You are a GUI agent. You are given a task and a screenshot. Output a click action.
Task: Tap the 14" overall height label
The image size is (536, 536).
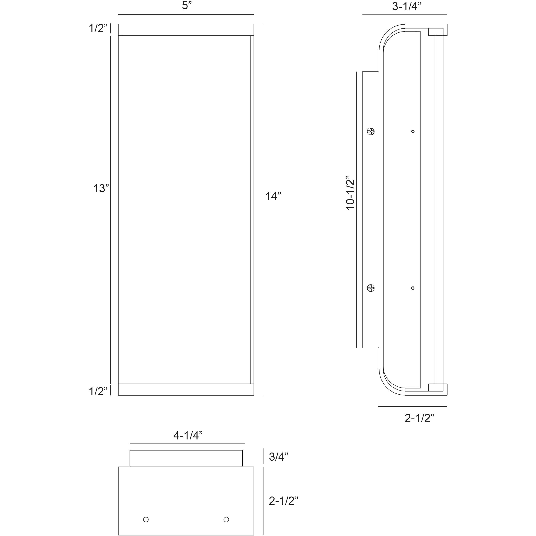click(x=273, y=196)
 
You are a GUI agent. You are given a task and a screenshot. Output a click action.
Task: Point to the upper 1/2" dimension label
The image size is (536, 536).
click(x=98, y=28)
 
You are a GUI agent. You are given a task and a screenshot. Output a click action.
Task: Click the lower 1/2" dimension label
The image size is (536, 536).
click(x=98, y=391)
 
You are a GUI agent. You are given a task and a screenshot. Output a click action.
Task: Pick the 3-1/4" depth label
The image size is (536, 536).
click(x=407, y=6)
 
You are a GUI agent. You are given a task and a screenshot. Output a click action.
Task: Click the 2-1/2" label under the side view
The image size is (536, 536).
click(x=419, y=418)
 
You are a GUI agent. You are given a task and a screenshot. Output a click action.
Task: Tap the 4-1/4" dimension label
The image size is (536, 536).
click(x=188, y=436)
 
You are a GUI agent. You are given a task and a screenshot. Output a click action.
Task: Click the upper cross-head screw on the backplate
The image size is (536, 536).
click(x=371, y=132)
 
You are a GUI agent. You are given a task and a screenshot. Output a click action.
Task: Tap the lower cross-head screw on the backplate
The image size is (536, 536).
click(x=371, y=288)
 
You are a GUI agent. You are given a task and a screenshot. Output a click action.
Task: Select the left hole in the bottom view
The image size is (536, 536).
click(x=146, y=519)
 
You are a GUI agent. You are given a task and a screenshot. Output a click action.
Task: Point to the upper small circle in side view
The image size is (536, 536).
click(x=413, y=132)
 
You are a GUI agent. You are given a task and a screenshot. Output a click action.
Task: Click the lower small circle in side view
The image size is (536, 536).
click(x=413, y=288)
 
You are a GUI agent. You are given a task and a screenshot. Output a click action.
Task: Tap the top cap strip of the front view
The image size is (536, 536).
click(x=186, y=30)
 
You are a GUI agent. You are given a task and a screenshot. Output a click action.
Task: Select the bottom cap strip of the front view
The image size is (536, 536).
click(x=186, y=390)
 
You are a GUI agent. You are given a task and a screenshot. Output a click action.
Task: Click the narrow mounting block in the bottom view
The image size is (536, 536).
click(x=186, y=459)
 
